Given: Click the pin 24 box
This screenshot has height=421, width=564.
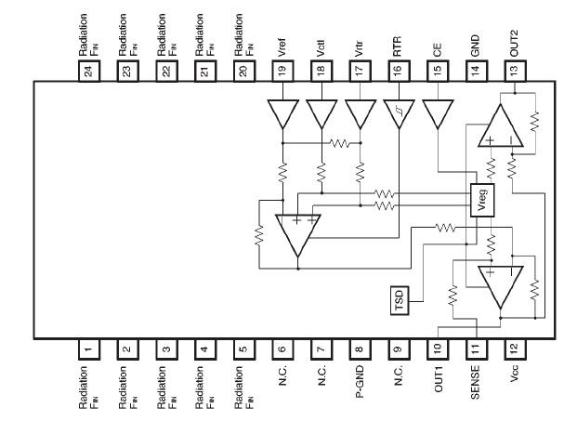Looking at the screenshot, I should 89,70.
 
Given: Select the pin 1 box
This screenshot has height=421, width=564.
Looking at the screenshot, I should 89,349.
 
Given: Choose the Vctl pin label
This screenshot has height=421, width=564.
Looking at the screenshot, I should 321,43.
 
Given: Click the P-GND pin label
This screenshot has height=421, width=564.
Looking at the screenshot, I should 360,384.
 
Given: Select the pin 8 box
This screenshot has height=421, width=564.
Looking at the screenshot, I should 360,349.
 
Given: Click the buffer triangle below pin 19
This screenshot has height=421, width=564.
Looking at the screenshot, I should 282,113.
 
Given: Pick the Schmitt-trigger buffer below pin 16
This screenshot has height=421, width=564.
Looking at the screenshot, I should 399,113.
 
